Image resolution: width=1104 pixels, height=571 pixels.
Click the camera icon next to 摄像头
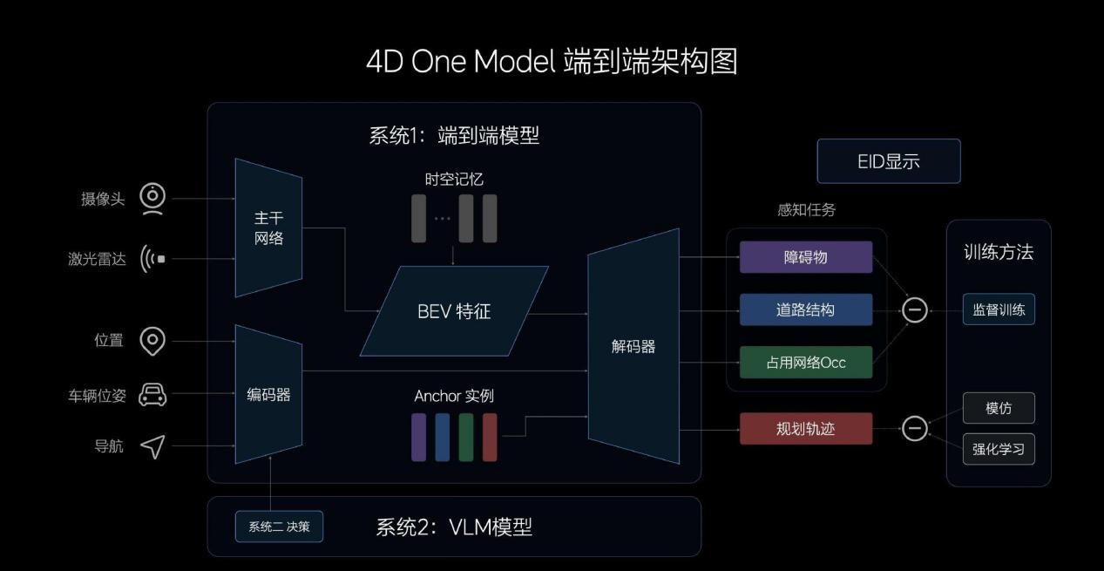pyautogui.click(x=153, y=199)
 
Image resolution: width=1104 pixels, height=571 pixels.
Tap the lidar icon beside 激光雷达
pyautogui.click(x=153, y=259)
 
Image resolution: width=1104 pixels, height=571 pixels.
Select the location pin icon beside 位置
pyautogui.click(x=153, y=341)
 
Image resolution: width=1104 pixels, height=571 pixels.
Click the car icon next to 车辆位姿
pyautogui.click(x=153, y=395)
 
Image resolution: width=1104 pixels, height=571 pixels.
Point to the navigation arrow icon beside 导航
pyautogui.click(x=153, y=446)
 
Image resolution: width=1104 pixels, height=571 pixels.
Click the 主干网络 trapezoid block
pyautogui.click(x=268, y=228)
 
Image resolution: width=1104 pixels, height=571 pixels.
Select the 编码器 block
pyautogui.click(x=268, y=394)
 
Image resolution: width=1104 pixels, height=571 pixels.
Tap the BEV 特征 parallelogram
pyautogui.click(x=454, y=311)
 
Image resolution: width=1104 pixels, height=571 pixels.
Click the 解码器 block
pyautogui.click(x=633, y=346)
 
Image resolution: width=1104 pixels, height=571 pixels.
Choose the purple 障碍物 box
pyautogui.click(x=806, y=257)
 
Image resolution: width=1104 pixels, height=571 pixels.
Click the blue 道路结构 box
pyautogui.click(x=806, y=309)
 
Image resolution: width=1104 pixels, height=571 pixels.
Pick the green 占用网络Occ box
pyautogui.click(x=806, y=363)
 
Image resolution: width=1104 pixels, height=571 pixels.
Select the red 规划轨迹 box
pyautogui.click(x=806, y=429)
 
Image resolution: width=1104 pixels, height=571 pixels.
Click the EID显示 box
pyautogui.click(x=889, y=161)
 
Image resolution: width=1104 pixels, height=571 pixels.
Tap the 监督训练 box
pyautogui.click(x=999, y=309)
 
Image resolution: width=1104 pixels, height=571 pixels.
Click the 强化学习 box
pyautogui.click(x=999, y=450)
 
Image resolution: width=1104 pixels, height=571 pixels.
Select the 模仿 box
pyautogui.click(x=999, y=408)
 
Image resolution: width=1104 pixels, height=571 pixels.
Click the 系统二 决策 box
pyautogui.click(x=279, y=527)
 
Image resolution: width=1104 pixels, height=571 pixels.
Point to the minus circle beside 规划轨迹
pyautogui.click(x=914, y=428)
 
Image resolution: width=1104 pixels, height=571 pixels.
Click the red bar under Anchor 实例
pyautogui.click(x=490, y=437)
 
